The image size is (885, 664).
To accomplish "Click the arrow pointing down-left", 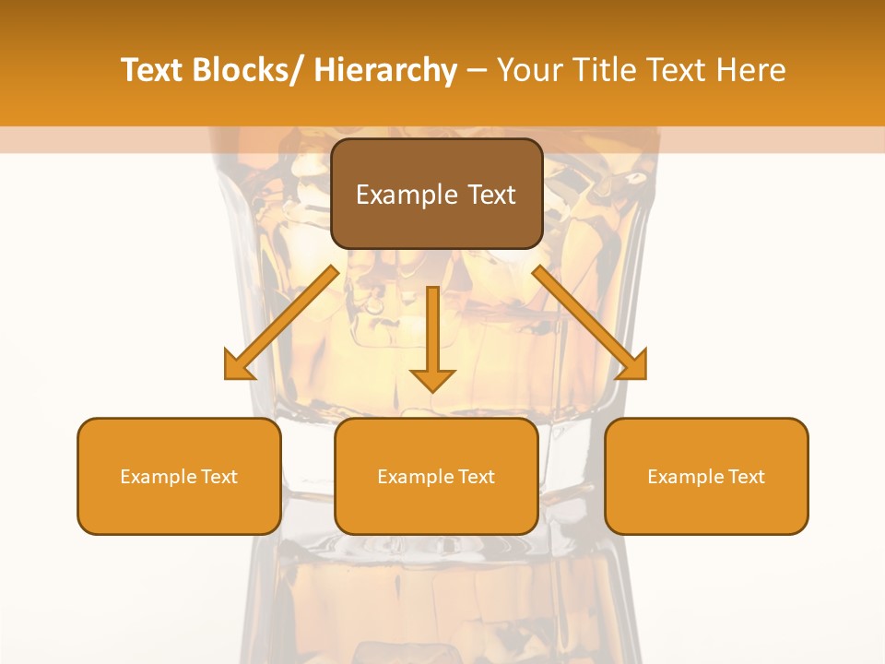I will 281,323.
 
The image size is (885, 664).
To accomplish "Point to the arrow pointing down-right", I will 590,323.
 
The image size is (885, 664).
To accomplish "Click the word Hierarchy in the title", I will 385,70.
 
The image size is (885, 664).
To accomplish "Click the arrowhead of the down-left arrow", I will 237,367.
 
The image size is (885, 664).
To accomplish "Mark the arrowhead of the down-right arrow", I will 634,367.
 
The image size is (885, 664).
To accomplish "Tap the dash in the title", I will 478,70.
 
